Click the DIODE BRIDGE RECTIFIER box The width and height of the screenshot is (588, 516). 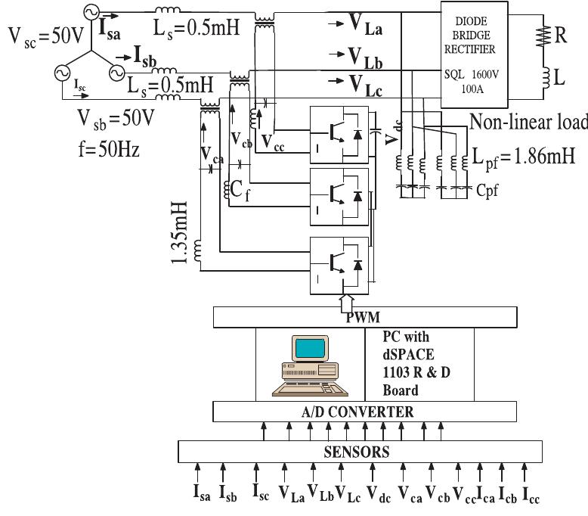pos(474,50)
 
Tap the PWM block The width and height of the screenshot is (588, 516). pos(366,318)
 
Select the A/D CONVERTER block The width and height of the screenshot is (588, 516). pos(366,412)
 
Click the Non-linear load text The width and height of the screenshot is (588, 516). pos(525,122)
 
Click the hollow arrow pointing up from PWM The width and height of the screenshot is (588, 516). pos(345,301)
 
